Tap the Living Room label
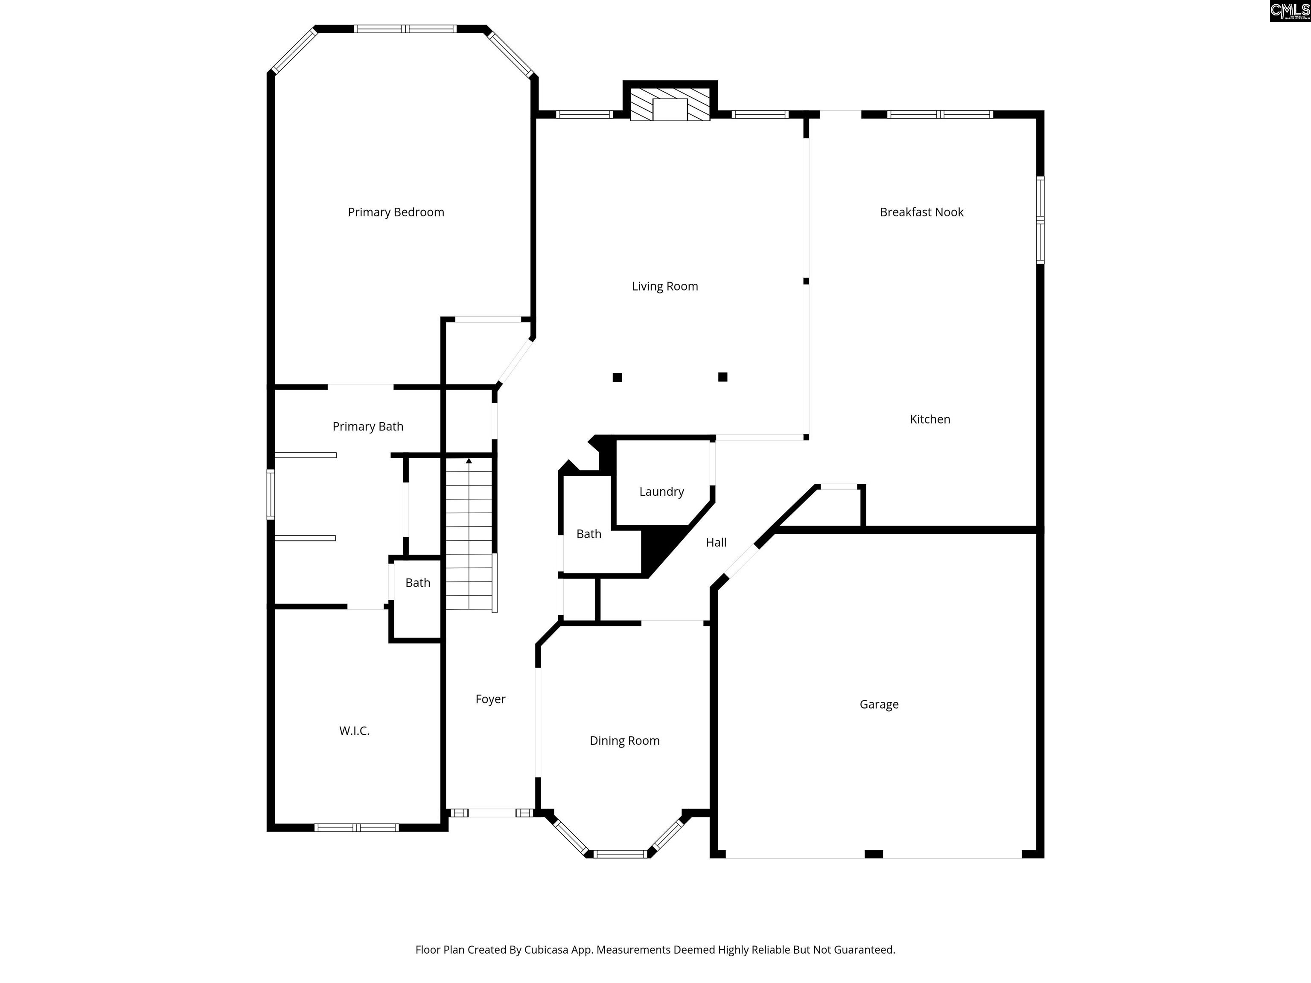click(664, 286)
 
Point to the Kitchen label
click(929, 419)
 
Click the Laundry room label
click(661, 492)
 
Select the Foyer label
click(490, 699)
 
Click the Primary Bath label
click(367, 427)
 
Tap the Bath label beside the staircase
click(417, 583)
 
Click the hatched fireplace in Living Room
click(670, 105)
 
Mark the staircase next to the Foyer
click(469, 533)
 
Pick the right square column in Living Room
click(723, 377)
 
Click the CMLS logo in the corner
click(1290, 11)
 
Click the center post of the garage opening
click(874, 854)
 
